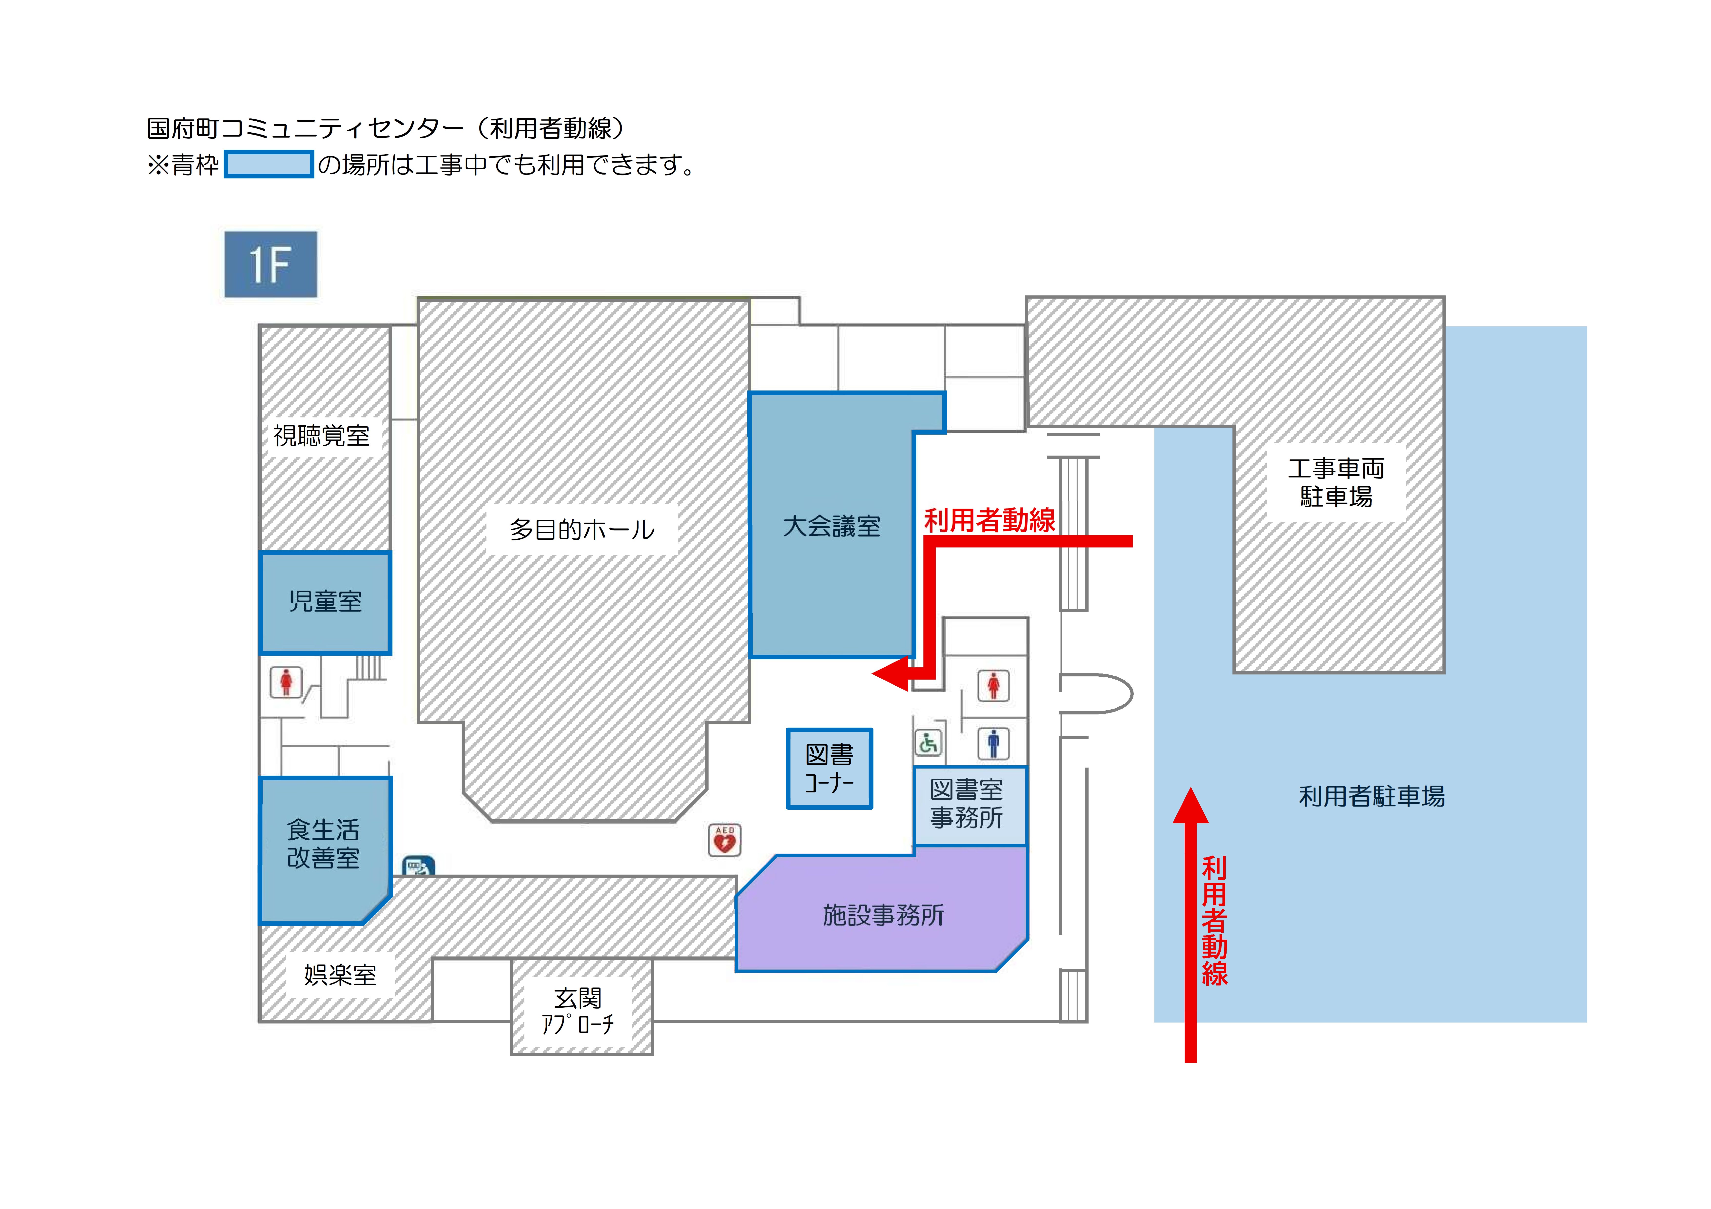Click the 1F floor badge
[x=270, y=264]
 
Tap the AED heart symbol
[x=724, y=840]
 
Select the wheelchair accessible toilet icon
[x=928, y=743]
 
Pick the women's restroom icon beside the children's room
[x=286, y=682]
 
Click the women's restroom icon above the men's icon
[x=993, y=685]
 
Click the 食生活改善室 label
[x=323, y=844]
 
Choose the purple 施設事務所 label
[x=883, y=915]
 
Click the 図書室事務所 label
[x=967, y=804]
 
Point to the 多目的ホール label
[x=582, y=530]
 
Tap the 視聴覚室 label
[x=321, y=436]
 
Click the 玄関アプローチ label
[x=578, y=1011]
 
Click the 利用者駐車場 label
[x=1371, y=796]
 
